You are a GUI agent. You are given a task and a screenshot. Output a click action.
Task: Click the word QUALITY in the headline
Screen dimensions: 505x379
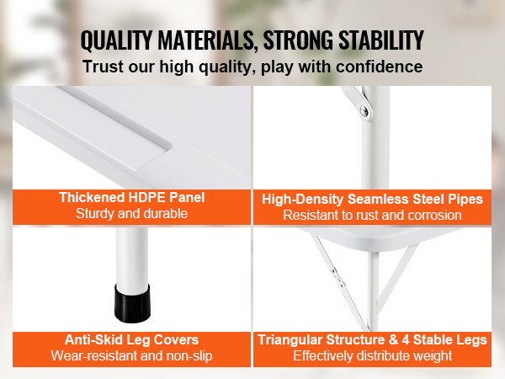[116, 41]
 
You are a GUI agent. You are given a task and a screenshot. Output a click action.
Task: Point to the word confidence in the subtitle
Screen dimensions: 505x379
[379, 67]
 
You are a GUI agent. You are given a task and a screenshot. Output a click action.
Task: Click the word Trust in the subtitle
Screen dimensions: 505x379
[103, 67]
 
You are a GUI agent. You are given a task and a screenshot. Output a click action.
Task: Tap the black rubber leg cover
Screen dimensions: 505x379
[132, 303]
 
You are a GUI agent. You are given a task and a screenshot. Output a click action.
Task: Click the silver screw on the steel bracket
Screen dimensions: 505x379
[364, 111]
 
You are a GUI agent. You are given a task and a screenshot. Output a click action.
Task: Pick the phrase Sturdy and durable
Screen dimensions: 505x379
[132, 214]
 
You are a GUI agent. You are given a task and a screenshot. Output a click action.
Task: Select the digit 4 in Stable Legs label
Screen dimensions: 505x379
[406, 340]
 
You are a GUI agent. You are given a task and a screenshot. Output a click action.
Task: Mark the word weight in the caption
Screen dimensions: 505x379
[433, 356]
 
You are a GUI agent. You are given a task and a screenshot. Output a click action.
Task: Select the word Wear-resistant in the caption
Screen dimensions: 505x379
[93, 356]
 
